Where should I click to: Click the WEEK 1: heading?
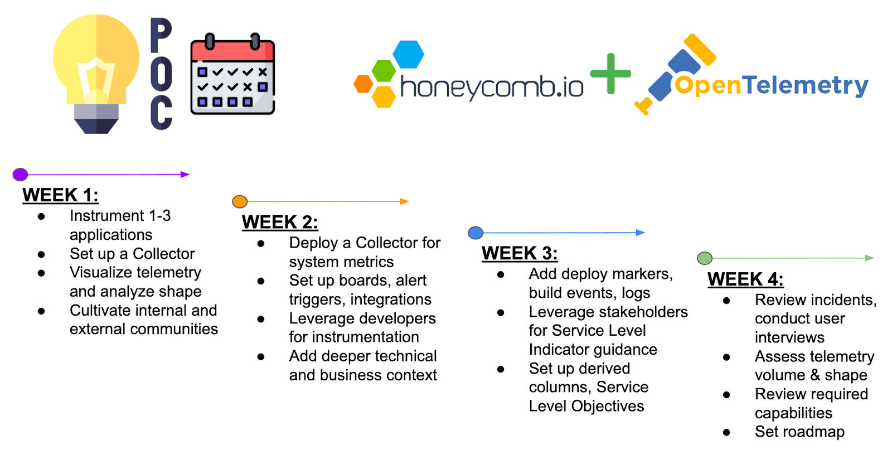pyautogui.click(x=60, y=195)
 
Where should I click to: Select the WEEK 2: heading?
pyautogui.click(x=279, y=223)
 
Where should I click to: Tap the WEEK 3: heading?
pyautogui.click(x=519, y=253)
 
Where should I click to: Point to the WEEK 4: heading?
pyautogui.click(x=745, y=279)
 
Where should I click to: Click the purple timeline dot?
pyautogui.click(x=20, y=174)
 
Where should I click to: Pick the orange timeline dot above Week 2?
pyautogui.click(x=240, y=201)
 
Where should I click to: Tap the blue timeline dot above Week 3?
pyautogui.click(x=476, y=233)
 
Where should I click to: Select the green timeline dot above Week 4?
pyautogui.click(x=705, y=258)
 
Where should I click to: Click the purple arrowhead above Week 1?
pyautogui.click(x=185, y=175)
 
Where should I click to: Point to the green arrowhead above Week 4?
pyautogui.click(x=870, y=258)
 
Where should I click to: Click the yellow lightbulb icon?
pyautogui.click(x=96, y=74)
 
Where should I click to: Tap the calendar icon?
pyautogui.click(x=233, y=74)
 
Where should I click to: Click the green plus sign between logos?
pyautogui.click(x=610, y=74)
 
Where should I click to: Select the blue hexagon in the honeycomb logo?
pyautogui.click(x=409, y=54)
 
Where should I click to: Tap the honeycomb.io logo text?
pyautogui.click(x=491, y=87)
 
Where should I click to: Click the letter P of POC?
pyautogui.click(x=161, y=35)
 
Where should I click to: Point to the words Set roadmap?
pyautogui.click(x=799, y=432)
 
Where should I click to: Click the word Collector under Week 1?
pyautogui.click(x=164, y=254)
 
